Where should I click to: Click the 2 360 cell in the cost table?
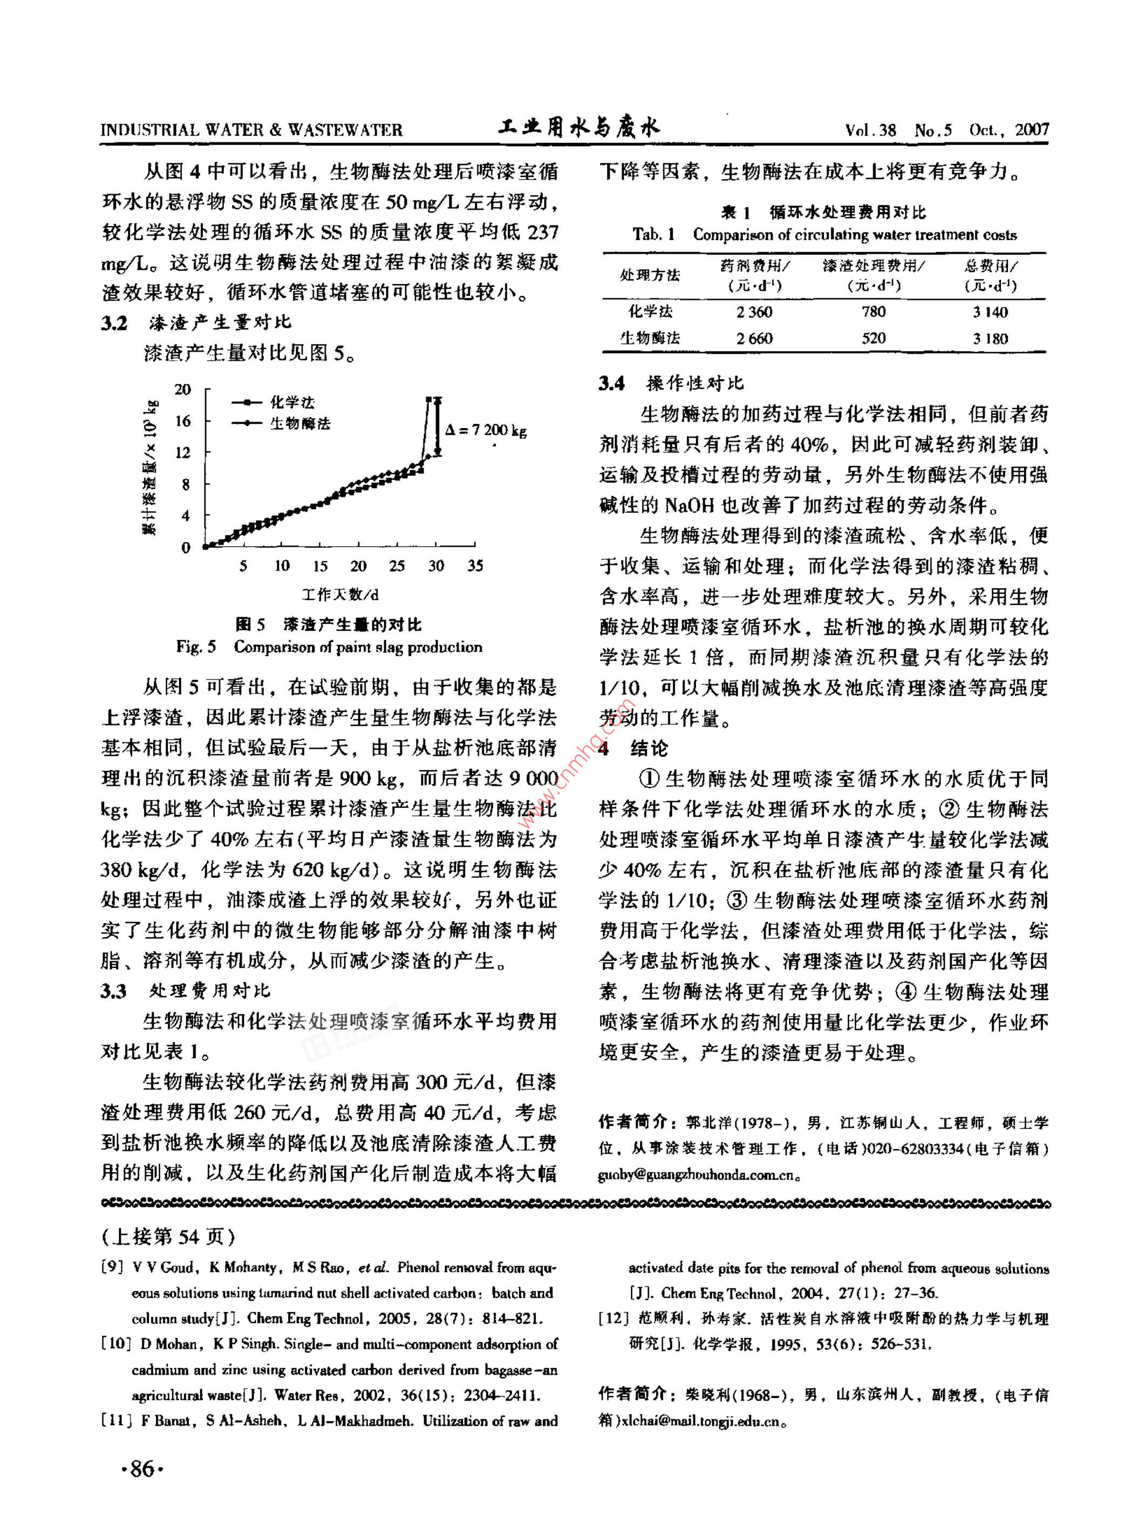[754, 312]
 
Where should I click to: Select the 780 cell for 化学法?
[873, 312]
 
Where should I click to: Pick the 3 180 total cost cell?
[990, 339]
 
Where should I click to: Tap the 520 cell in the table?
[873, 339]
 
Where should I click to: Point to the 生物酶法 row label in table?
[650, 339]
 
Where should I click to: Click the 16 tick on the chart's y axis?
[182, 421]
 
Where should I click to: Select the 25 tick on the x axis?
[396, 566]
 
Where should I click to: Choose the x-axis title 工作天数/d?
[340, 594]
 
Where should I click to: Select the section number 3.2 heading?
[114, 322]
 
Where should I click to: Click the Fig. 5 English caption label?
[195, 647]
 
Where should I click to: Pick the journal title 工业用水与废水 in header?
[579, 127]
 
